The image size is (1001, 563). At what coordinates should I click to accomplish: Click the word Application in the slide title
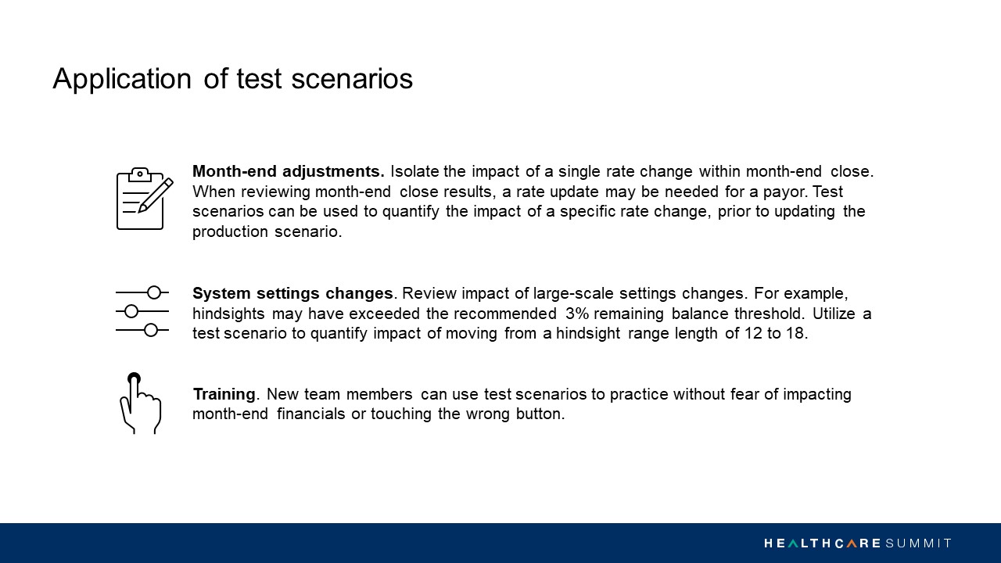[x=122, y=80]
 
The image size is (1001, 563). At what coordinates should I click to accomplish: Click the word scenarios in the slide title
[x=352, y=79]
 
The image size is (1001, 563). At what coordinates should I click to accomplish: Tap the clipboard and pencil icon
[x=145, y=199]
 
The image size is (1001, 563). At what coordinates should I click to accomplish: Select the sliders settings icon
[x=142, y=311]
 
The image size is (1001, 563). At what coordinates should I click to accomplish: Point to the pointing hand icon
[x=140, y=403]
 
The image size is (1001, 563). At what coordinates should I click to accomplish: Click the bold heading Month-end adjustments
[x=289, y=171]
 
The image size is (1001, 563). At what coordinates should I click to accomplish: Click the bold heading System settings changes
[x=292, y=293]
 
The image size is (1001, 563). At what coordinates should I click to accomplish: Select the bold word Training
[x=224, y=394]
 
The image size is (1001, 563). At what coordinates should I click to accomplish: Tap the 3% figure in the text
[x=577, y=314]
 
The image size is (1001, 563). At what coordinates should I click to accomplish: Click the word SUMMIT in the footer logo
[x=918, y=543]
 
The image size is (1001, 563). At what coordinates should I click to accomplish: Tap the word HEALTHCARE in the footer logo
[x=822, y=543]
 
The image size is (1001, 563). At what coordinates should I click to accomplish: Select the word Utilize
[x=834, y=314]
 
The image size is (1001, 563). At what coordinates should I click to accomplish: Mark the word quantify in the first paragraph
[x=411, y=212]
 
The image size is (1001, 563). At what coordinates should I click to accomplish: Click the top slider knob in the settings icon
[x=154, y=292]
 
